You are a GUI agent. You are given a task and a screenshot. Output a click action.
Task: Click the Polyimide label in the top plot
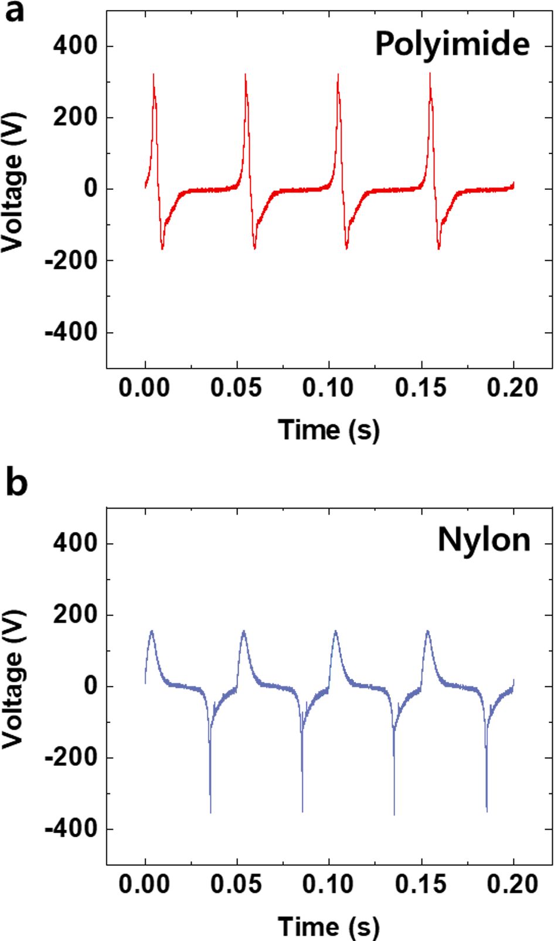coord(452,44)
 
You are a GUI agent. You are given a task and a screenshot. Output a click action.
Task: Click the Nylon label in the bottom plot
coord(484,540)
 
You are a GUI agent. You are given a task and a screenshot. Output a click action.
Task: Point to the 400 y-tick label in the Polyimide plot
coord(75,46)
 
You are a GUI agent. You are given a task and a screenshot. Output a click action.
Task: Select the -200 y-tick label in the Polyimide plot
coord(71,260)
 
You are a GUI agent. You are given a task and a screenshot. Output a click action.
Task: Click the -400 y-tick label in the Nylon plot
coord(71,829)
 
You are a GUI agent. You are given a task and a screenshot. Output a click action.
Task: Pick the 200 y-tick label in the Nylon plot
coord(75,615)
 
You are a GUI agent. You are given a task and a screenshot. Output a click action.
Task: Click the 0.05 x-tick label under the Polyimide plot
coord(236,388)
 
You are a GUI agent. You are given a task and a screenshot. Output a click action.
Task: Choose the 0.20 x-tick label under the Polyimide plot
coord(513,388)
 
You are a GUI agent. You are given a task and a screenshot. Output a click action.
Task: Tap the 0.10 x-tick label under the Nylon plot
coord(328,885)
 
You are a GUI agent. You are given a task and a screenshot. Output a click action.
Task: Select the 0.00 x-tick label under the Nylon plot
coord(144,885)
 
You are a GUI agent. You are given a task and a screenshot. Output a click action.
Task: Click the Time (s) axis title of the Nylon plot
coord(328,926)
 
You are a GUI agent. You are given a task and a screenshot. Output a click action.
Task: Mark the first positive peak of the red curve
coord(154,75)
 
